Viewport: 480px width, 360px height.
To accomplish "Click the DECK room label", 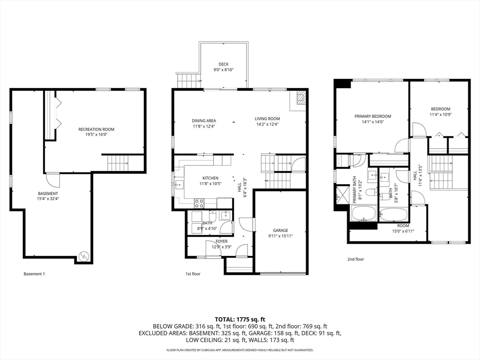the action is point(224,64).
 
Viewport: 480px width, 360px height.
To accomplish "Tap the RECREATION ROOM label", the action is point(97,129).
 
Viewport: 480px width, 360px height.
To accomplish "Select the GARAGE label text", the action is point(281,231).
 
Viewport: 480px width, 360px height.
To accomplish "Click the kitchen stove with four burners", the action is point(199,203).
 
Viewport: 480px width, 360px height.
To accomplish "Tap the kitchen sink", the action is point(179,185).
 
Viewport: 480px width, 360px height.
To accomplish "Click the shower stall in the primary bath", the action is point(343,195).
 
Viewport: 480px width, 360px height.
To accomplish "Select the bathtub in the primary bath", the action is point(364,213).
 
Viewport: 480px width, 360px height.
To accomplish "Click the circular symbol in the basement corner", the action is point(83,256).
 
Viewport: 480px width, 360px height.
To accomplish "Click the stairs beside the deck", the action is point(188,81).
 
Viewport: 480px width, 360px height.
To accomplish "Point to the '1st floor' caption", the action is point(193,274).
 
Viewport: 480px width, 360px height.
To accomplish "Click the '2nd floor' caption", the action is point(356,259).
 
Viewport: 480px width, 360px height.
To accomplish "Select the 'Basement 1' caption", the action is point(34,274).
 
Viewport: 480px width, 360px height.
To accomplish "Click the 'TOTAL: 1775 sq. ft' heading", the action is point(240,320).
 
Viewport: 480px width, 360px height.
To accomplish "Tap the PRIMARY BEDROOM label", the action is point(373,116).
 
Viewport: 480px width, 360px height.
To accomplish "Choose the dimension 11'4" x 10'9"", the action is point(441,114).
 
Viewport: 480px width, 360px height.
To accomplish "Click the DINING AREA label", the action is point(204,121).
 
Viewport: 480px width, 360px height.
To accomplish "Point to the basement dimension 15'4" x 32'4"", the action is point(48,199).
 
